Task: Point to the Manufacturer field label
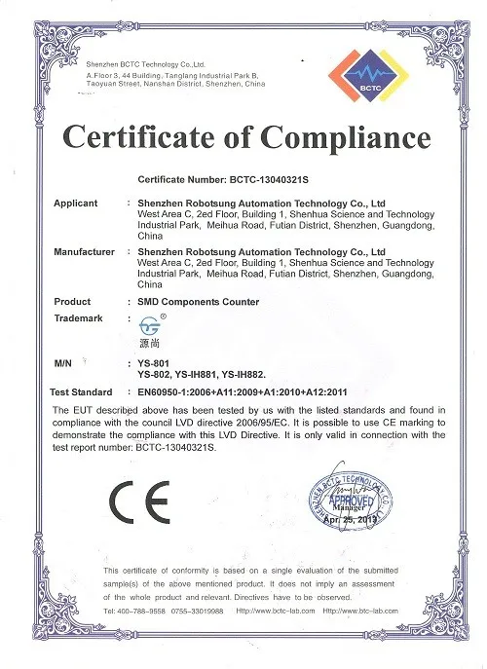pyautogui.click(x=86, y=252)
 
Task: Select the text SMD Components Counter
pyautogui.click(x=199, y=303)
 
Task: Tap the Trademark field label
pyautogui.click(x=79, y=318)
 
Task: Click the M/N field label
pyautogui.click(x=63, y=362)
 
